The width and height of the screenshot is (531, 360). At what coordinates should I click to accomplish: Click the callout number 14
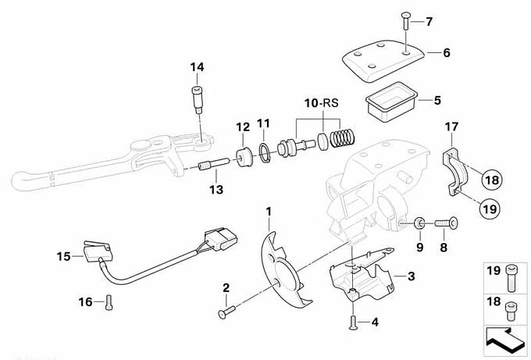(x=195, y=69)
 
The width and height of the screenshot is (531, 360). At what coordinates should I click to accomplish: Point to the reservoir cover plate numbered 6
(x=382, y=62)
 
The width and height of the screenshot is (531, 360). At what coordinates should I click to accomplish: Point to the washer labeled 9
(x=419, y=225)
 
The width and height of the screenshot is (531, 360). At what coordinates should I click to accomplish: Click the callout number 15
(x=62, y=255)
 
